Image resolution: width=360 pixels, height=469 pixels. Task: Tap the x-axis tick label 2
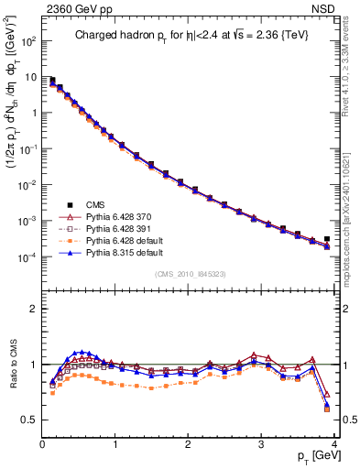189,445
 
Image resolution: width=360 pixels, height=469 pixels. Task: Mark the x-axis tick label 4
334,445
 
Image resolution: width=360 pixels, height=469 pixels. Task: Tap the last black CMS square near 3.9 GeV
327,239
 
